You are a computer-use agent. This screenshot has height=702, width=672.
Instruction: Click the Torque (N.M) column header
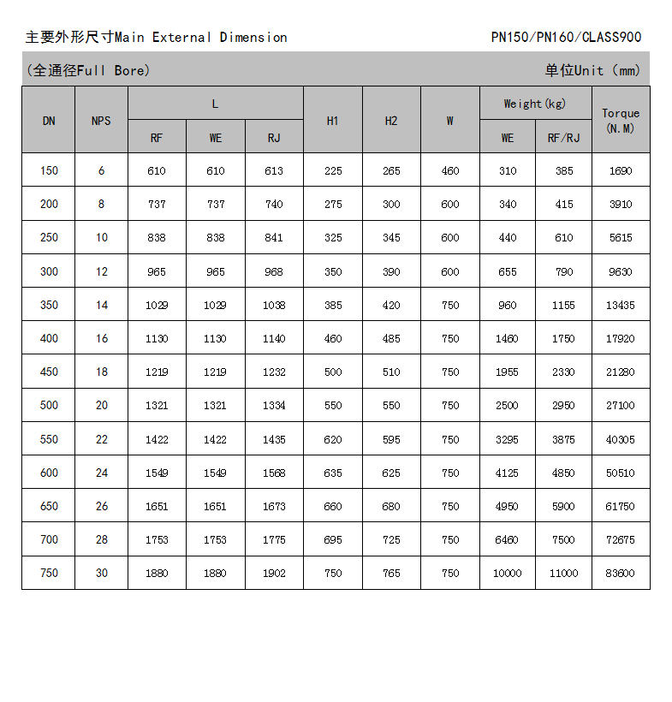[x=621, y=120]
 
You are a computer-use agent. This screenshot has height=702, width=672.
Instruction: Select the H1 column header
[x=333, y=121]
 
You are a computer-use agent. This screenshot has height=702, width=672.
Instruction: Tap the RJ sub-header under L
[x=274, y=138]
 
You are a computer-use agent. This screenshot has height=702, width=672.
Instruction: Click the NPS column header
[x=101, y=121]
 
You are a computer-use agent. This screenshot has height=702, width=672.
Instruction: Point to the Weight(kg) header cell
[x=535, y=104]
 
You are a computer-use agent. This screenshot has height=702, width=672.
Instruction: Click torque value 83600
[x=621, y=574]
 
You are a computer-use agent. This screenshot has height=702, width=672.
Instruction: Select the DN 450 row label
[x=49, y=372]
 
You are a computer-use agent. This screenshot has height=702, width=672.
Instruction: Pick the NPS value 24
[x=101, y=473]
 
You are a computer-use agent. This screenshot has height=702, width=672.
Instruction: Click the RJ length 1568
[x=274, y=473]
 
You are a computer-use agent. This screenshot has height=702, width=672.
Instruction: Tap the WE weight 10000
[x=507, y=574]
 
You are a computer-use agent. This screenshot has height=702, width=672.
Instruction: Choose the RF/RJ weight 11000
[x=563, y=574]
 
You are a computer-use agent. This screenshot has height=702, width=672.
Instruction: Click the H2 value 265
[x=391, y=170]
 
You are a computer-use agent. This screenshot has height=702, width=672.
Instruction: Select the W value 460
[x=449, y=170]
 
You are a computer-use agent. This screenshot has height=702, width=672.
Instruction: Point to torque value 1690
[x=621, y=170]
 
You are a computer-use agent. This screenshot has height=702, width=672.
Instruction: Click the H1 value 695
[x=333, y=540]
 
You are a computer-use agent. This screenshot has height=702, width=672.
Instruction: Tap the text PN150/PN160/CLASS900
[x=566, y=37]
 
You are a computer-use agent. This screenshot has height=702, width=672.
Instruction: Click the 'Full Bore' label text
[x=111, y=70]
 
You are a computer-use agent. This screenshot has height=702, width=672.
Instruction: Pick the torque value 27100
[x=621, y=406]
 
